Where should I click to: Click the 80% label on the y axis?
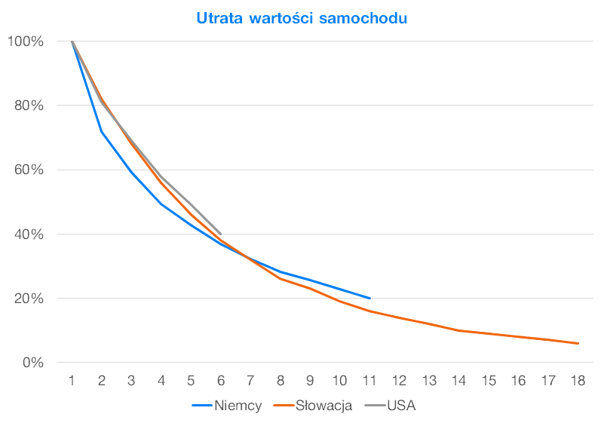click(x=29, y=106)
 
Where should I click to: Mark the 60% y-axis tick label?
click(x=29, y=170)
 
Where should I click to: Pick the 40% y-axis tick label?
click(x=29, y=234)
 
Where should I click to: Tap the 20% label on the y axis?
click(x=29, y=299)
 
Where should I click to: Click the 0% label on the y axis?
click(x=32, y=363)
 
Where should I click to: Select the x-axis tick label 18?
click(x=578, y=381)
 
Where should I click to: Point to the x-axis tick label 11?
click(x=369, y=381)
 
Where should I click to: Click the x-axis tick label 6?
click(x=221, y=381)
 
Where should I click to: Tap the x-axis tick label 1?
click(x=72, y=381)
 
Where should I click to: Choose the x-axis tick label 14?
click(x=459, y=381)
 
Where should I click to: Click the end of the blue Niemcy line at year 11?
click(x=369, y=298)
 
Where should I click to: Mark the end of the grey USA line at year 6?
click(x=221, y=234)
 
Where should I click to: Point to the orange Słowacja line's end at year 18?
click(x=578, y=343)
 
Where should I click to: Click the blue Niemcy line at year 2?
click(x=102, y=132)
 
